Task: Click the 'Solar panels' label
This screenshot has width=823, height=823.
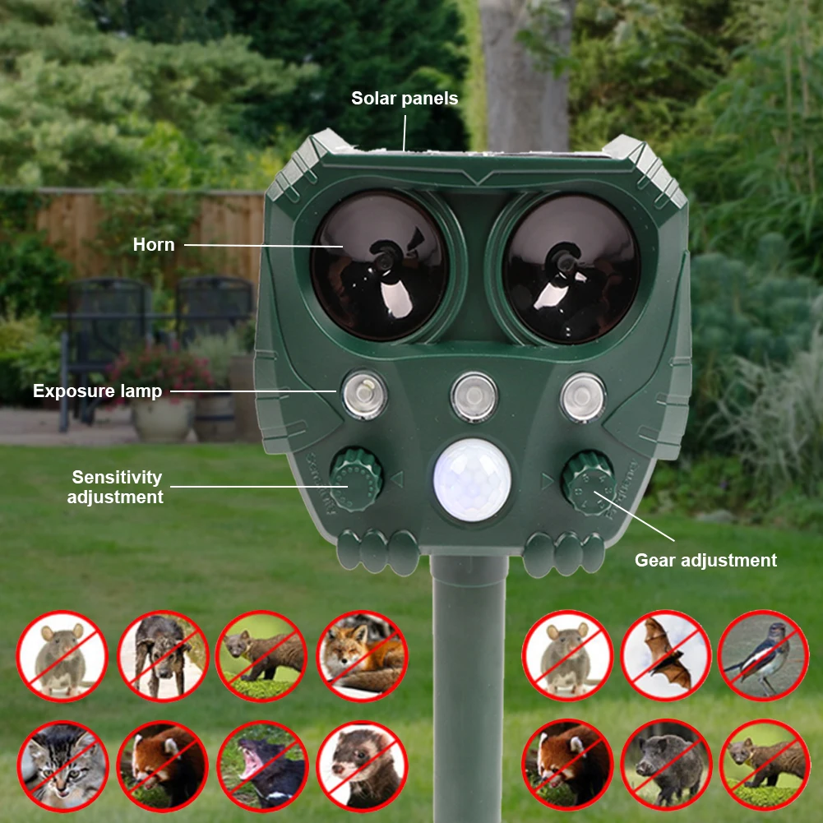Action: coord(405,99)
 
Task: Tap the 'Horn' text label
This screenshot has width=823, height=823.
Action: coord(154,244)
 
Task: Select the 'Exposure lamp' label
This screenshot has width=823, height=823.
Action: coord(97,391)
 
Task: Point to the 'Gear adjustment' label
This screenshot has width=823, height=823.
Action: coord(705,560)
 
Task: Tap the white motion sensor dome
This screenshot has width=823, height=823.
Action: coord(473,481)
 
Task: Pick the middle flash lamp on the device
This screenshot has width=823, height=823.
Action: coord(474,397)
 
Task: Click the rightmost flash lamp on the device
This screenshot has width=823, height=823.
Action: coord(583,397)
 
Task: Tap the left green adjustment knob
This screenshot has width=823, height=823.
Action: coord(356,479)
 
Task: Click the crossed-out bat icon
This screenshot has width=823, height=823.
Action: coord(666,655)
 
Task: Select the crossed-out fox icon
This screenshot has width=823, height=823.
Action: coord(362,655)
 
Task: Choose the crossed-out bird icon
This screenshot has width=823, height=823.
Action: coord(764,655)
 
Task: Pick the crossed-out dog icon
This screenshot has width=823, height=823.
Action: coord(163,655)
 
